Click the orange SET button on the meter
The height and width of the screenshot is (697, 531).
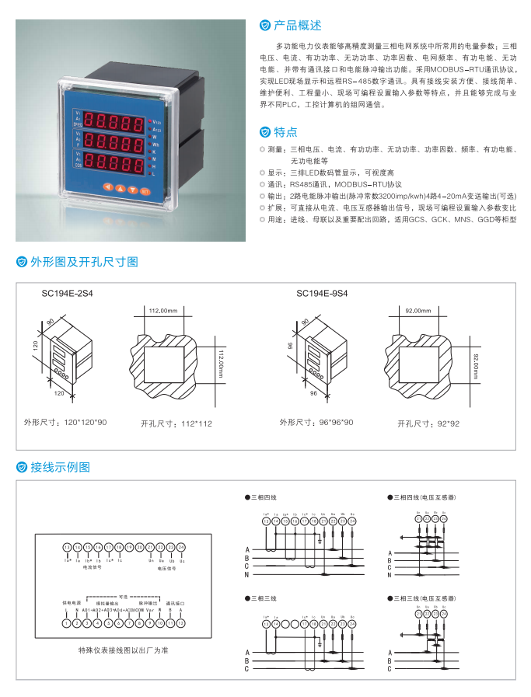coord(144,190)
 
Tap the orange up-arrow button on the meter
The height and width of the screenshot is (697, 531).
coord(127,189)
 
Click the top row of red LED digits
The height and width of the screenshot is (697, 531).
coord(116,121)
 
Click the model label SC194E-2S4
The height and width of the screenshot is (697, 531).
coord(72,294)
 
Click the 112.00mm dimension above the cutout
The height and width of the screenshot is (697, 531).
coord(162,311)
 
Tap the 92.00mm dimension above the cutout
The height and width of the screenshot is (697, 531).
coord(417,311)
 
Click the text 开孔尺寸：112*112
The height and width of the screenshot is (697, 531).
coord(176,423)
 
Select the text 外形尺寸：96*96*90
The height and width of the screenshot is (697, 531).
coord(316,423)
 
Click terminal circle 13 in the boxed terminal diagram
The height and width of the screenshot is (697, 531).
coord(67,548)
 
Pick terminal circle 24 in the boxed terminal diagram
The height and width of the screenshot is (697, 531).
coord(182,548)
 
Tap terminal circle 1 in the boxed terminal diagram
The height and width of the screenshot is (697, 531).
coord(67,622)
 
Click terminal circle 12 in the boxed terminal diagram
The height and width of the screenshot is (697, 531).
coord(182,622)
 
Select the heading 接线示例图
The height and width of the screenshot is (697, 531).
coord(60,467)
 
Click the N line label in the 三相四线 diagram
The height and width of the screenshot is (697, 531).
coord(246,574)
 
